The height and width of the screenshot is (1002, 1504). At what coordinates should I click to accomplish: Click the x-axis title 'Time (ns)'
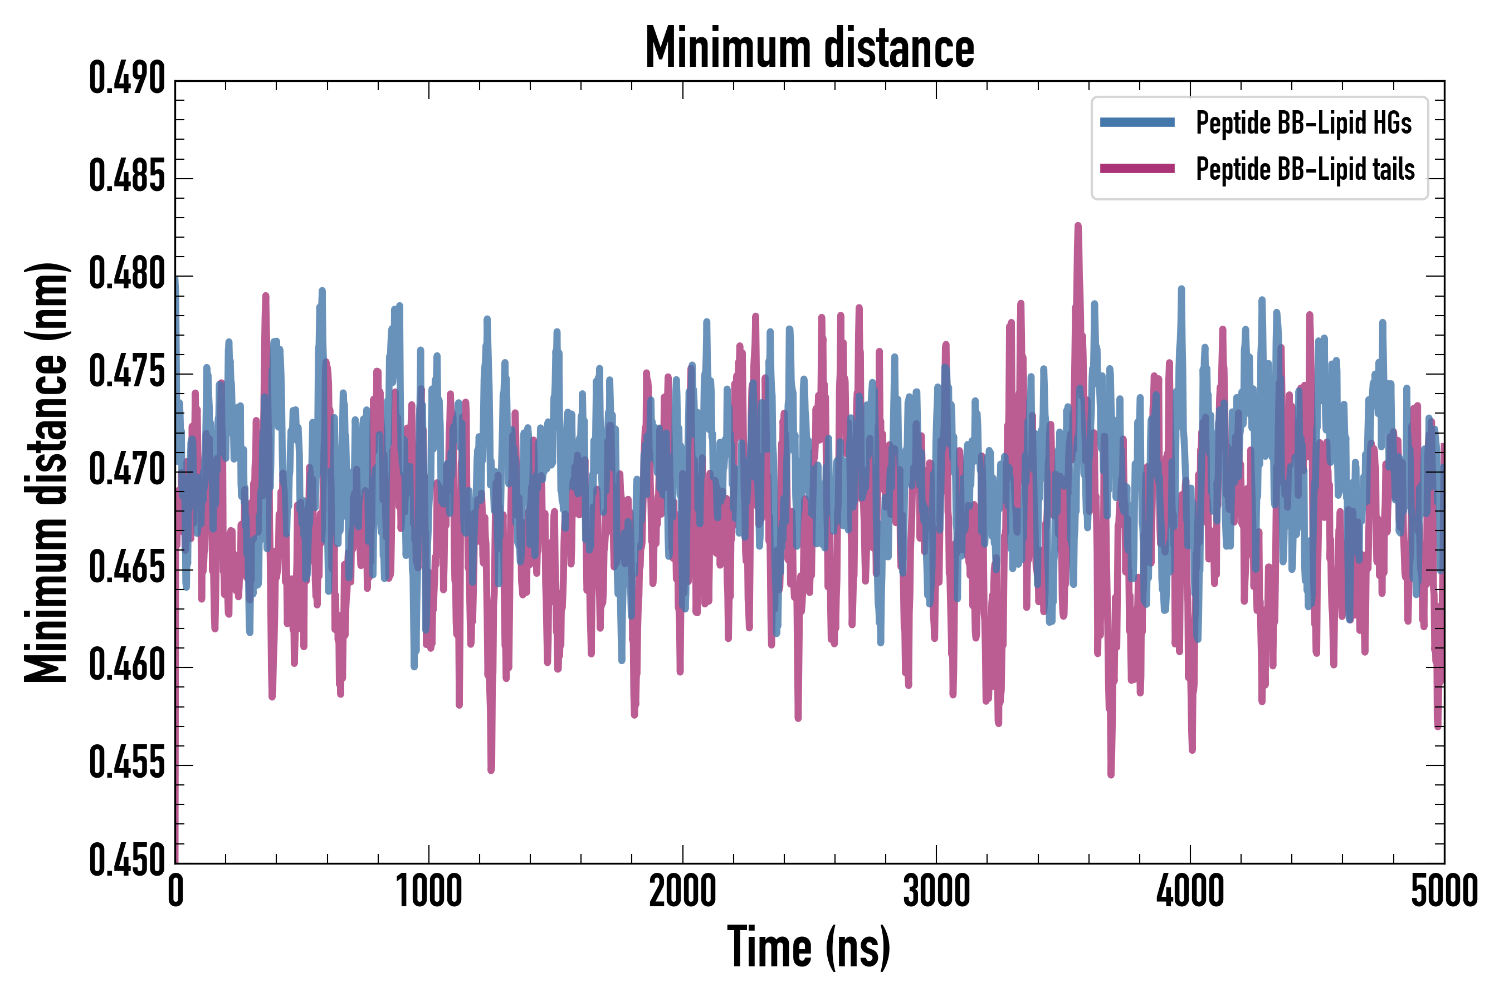click(x=808, y=949)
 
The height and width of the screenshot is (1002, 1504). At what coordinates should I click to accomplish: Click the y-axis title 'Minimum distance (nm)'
click(x=46, y=472)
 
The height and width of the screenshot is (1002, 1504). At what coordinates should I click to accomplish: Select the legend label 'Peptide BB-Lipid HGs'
click(x=1303, y=122)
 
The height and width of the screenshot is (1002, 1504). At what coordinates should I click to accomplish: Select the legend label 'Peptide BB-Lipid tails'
click(x=1305, y=169)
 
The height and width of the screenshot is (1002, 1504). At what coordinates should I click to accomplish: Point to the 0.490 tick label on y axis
click(x=126, y=79)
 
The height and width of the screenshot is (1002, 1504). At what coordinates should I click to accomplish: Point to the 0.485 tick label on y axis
click(x=126, y=177)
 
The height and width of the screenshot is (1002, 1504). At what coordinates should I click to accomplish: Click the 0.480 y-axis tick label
click(x=126, y=275)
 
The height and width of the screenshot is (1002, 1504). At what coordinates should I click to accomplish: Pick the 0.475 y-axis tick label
click(x=126, y=372)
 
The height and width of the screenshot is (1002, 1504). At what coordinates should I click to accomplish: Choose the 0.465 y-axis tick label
click(x=126, y=568)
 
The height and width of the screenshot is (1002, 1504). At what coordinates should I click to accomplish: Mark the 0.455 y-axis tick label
click(x=126, y=764)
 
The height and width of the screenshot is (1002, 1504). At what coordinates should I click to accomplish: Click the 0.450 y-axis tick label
click(x=126, y=861)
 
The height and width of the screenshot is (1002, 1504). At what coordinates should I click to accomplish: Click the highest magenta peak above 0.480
click(x=1078, y=226)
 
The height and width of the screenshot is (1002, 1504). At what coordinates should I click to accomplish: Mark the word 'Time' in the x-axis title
click(x=769, y=949)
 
